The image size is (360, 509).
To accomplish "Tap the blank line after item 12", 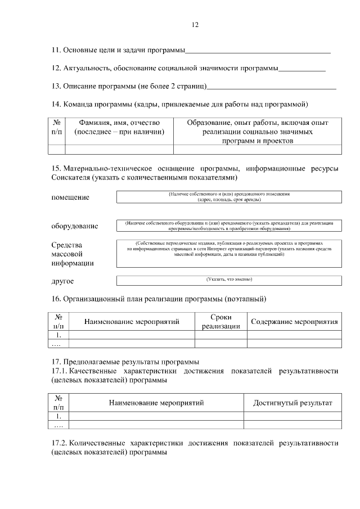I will (x=302, y=69).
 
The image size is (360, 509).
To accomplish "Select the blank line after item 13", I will (x=272, y=87).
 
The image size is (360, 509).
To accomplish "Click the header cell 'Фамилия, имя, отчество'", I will (x=119, y=127).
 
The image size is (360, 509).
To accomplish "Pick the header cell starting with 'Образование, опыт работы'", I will (x=257, y=131).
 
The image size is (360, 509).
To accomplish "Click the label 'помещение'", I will (x=70, y=197).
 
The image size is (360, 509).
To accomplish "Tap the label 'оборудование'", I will (x=75, y=226).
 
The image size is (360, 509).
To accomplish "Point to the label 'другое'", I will (x=62, y=281).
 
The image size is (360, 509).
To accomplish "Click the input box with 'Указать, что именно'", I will (x=229, y=280).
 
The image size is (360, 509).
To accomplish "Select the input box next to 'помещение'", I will (x=229, y=197).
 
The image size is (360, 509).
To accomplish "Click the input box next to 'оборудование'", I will (x=229, y=226).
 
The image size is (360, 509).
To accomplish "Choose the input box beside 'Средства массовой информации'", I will (x=229, y=253).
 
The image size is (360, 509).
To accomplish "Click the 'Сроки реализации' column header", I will (x=221, y=322).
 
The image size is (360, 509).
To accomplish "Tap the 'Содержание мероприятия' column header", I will (x=294, y=322).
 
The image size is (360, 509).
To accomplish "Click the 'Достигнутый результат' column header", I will (x=292, y=403).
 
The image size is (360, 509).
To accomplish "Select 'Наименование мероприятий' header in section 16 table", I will (x=132, y=322).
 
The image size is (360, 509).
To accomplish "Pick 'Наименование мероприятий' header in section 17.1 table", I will (x=156, y=403).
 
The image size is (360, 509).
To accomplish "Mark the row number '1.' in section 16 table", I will (x=58, y=335).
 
